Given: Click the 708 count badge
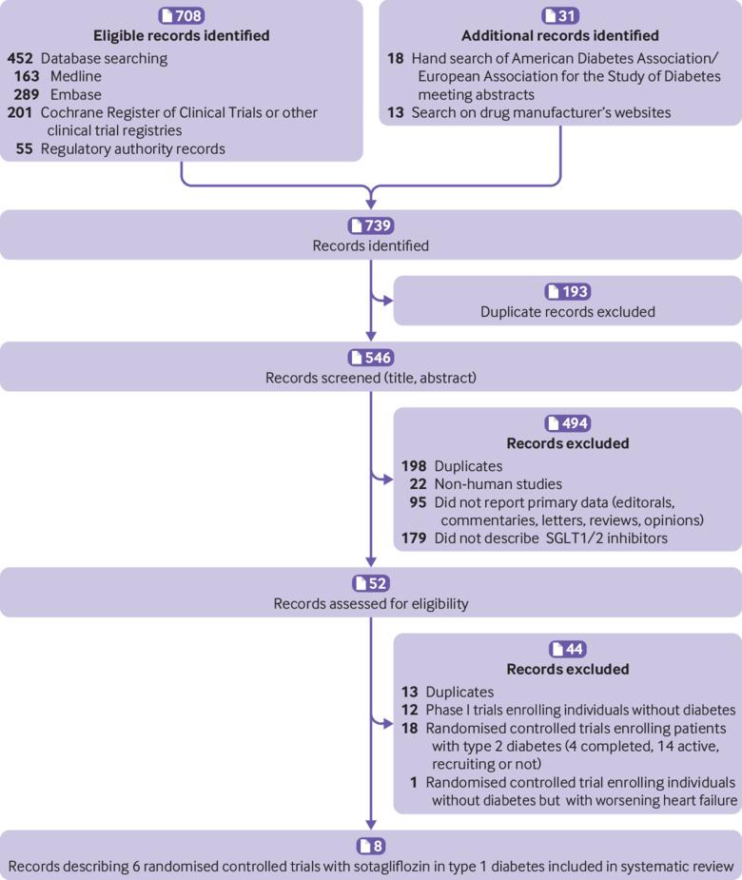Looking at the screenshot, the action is click(182, 15).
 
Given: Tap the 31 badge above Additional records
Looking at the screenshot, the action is click(560, 15).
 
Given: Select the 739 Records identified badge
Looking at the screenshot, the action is click(371, 225).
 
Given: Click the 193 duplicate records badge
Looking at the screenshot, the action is click(568, 291).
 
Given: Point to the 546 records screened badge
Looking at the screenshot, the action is click(371, 358).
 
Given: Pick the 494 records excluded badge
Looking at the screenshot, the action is click(568, 423).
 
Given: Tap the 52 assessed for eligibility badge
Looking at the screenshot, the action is click(371, 583).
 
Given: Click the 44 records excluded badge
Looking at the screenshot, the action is click(568, 649).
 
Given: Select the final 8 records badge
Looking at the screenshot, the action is click(371, 846).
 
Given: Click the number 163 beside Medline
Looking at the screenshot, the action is click(27, 76).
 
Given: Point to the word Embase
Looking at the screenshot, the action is click(76, 94).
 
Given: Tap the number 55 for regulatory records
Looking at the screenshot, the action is click(24, 148).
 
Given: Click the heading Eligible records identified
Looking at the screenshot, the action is click(182, 35).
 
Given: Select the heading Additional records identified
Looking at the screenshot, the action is click(560, 35).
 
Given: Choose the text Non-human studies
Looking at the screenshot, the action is click(498, 484).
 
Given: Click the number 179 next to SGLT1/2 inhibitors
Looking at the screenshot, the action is click(414, 538).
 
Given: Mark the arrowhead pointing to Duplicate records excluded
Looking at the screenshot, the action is click(387, 301).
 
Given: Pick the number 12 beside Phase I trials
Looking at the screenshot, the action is click(409, 710).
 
